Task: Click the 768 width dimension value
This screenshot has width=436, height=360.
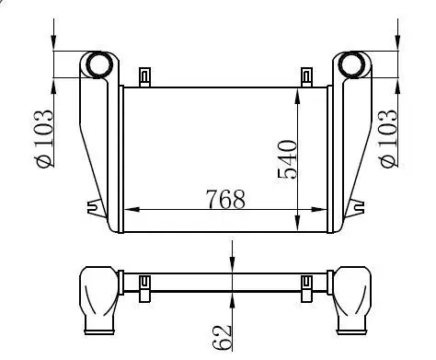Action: point(225,199)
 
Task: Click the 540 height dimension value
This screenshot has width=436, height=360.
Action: point(287,159)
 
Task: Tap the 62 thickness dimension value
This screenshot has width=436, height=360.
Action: point(222,337)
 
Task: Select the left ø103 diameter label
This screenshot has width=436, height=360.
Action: point(45,139)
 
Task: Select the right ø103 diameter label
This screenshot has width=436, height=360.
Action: point(389,139)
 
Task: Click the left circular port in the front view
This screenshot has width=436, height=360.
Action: point(98,64)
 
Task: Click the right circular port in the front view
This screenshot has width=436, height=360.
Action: point(351,64)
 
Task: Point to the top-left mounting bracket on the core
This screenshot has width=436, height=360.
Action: point(145,77)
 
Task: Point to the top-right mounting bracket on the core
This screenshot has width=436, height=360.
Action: point(306,77)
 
